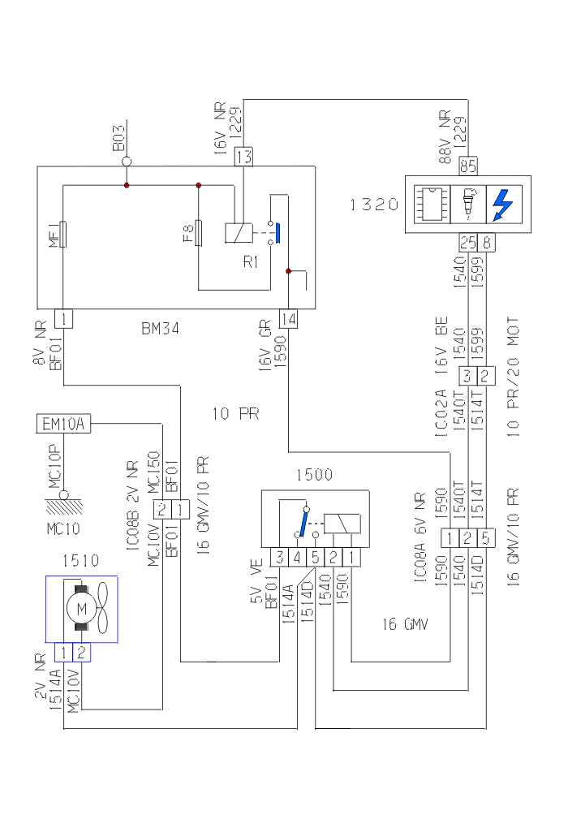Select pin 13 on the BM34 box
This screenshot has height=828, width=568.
[244, 156]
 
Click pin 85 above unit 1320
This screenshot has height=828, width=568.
[468, 166]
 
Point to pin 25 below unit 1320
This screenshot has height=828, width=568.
[467, 242]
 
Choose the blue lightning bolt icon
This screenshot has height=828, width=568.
[503, 205]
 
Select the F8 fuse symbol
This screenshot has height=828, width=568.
[199, 233]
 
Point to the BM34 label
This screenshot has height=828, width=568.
[160, 329]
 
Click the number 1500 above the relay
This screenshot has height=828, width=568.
[314, 476]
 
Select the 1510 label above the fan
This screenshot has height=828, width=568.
[80, 560]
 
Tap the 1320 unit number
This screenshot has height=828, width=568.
[374, 205]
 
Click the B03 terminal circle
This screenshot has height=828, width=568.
[127, 162]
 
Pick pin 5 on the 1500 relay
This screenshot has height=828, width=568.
[315, 557]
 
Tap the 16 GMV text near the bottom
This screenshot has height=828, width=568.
[405, 624]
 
